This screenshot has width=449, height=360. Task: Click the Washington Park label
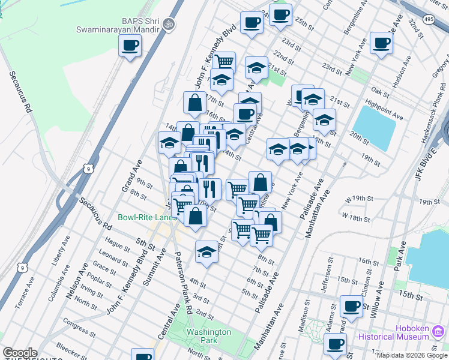click(x=208, y=336)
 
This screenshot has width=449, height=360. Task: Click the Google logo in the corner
click(x=20, y=353)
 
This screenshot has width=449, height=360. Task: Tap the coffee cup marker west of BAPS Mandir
click(x=130, y=45)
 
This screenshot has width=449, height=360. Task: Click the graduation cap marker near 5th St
click(x=206, y=251)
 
